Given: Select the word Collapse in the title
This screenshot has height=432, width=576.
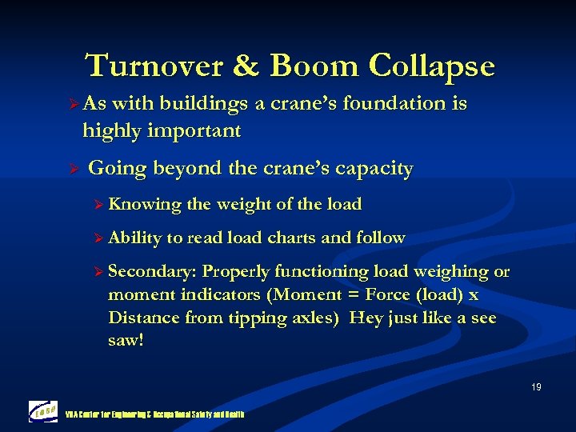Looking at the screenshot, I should coord(431,66).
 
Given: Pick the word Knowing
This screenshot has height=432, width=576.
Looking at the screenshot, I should coord(145,204).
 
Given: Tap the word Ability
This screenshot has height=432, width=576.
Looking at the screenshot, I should coord(134,238).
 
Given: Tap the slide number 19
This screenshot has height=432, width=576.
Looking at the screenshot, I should coord(536,387).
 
